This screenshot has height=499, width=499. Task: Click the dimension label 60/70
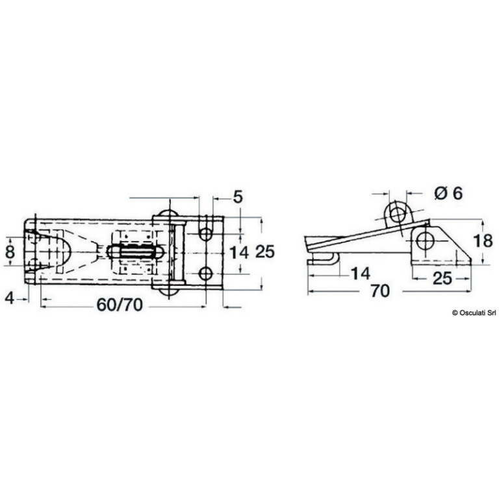point(120,305)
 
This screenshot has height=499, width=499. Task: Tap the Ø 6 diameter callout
point(449,194)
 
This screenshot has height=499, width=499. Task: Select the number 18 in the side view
point(483,241)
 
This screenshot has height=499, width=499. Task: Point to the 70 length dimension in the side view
point(380,291)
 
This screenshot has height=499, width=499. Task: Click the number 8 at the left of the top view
point(10,251)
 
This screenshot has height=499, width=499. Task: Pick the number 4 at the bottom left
point(10,298)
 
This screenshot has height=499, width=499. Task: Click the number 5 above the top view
point(238,197)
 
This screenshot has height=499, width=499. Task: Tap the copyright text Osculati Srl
point(474,313)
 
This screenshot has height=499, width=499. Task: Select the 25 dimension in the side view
point(442,279)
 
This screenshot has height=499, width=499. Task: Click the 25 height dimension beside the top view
point(265,251)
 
